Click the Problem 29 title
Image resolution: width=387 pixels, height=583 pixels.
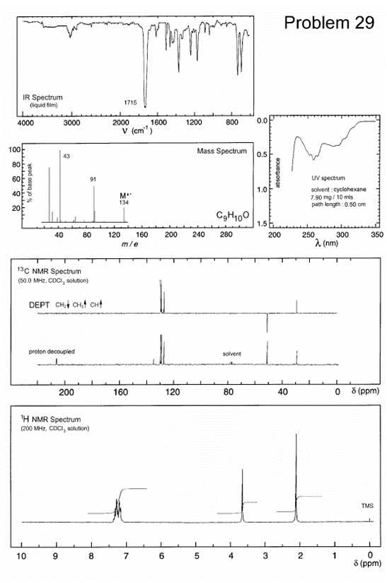click(329, 23)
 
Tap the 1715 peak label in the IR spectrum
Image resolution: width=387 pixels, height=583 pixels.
click(130, 103)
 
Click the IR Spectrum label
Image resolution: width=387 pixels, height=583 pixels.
click(42, 97)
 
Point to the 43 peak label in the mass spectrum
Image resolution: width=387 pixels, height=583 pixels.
click(66, 155)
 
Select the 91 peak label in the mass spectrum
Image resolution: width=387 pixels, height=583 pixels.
click(93, 179)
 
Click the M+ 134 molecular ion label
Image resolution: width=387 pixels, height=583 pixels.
click(125, 199)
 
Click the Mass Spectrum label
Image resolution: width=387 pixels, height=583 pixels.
click(222, 151)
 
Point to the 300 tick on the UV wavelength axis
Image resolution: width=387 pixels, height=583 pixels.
click(342, 233)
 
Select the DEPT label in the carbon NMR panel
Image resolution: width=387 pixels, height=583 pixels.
click(40, 305)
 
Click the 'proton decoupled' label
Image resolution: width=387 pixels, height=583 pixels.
click(51, 352)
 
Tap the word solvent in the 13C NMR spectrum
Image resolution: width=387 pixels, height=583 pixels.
click(231, 354)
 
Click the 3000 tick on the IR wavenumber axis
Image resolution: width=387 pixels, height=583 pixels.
click(71, 122)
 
